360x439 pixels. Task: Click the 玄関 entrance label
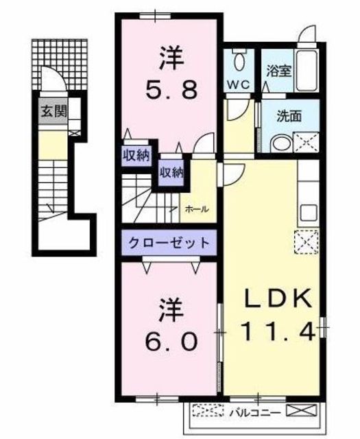coord(54,111)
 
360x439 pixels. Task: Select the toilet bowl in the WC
coord(239,62)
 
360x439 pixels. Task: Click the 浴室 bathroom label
coord(279,71)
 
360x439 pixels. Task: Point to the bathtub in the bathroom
coord(307,70)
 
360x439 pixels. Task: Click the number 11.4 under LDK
coord(277,331)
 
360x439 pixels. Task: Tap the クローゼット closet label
coord(169,242)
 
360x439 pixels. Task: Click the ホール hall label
coord(197,209)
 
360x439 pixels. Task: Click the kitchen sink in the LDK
coord(309,213)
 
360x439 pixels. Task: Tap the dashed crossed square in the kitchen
coord(307,242)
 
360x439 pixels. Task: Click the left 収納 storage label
coord(136,156)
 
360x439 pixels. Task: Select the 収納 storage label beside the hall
coord(171,172)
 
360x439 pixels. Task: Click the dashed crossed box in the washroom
coord(306,143)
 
